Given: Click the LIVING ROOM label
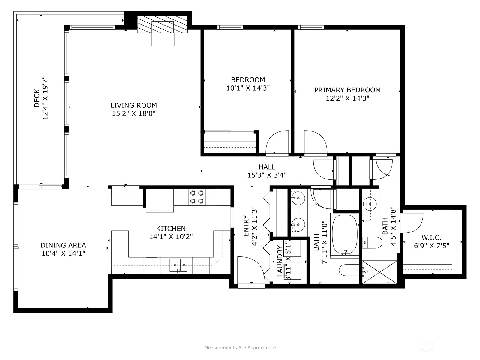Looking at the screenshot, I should point(133,105).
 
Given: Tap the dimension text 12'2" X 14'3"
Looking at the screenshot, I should point(347,98).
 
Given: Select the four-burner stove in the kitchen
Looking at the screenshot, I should point(197,197).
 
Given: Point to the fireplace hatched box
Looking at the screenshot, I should point(162,24).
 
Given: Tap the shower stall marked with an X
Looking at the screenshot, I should point(379,272).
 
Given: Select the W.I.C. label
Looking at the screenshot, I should point(431,238).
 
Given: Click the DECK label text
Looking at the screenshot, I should point(37,98).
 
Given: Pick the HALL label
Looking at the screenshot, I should point(267,167).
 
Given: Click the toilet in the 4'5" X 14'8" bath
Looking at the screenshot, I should point(372,242).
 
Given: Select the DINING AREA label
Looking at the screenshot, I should point(63,245).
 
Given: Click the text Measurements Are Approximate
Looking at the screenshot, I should point(240,348).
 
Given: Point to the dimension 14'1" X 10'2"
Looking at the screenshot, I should point(171,237).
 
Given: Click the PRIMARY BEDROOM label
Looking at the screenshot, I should point(347,90).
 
